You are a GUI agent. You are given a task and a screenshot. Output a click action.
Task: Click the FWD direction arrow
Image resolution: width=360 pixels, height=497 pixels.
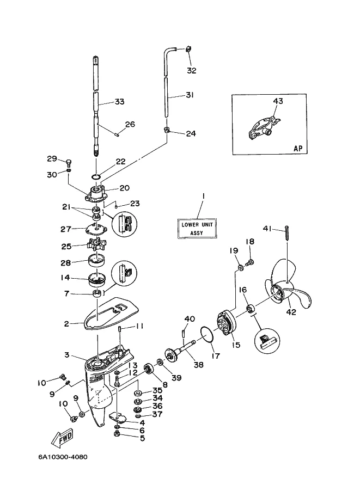coord(61,438)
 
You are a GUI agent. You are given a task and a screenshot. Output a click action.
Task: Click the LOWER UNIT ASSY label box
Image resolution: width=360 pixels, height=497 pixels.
coord(197,228)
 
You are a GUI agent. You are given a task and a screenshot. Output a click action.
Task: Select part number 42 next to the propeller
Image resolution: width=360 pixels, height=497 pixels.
coord(291,312)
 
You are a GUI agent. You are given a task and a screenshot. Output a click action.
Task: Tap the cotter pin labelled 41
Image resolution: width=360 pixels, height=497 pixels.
coord(286,234)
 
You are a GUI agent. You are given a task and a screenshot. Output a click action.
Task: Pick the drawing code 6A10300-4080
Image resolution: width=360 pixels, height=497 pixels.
coord(63,457)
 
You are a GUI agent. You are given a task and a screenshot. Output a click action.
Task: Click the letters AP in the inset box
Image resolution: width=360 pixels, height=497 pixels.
coord(298,148)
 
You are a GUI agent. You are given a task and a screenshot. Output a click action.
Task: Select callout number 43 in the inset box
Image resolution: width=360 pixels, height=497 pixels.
coord(278,101)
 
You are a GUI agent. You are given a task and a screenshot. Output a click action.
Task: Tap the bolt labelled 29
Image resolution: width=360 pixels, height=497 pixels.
coord(69,163)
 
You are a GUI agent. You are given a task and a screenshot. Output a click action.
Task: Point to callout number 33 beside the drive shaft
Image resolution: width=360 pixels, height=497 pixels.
coord(120,102)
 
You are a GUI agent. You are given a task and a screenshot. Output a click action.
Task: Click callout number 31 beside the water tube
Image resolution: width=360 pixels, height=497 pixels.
coord(190,95)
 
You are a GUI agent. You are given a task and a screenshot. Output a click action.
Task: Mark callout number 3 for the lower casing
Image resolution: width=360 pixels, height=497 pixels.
coord(66,354)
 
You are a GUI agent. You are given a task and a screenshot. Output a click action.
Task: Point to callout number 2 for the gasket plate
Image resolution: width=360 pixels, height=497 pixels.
coord(66,323)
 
